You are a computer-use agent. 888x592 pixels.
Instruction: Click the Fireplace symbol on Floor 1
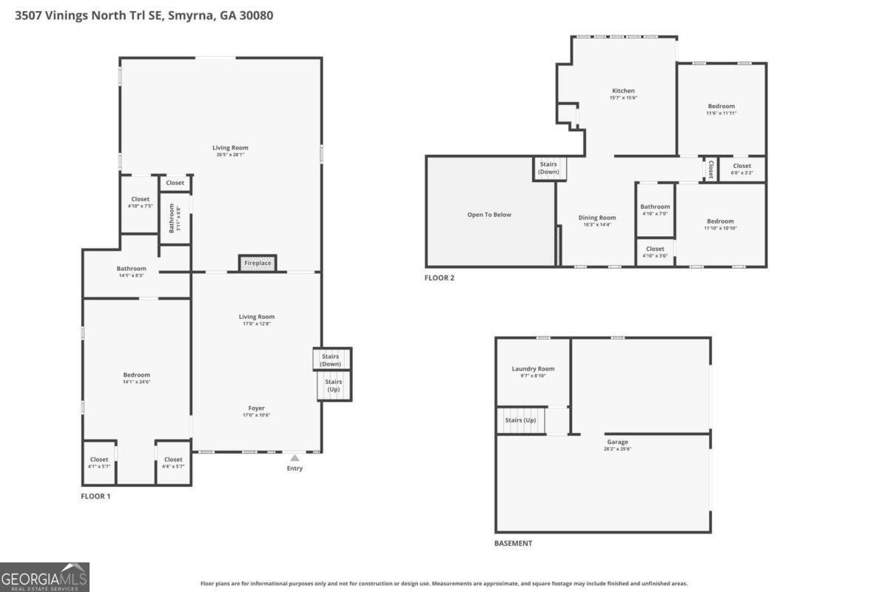pyautogui.click(x=258, y=263)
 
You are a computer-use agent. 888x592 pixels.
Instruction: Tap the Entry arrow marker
pyautogui.click(x=295, y=458)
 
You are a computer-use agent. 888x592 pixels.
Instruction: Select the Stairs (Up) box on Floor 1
pyautogui.click(x=333, y=385)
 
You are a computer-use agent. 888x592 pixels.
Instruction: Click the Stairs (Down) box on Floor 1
pyautogui.click(x=331, y=360)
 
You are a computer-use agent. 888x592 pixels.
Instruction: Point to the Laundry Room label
pyautogui.click(x=533, y=371)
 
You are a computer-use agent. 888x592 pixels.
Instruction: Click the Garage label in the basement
pyautogui.click(x=617, y=445)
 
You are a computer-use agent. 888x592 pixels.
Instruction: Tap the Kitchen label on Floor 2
pyautogui.click(x=623, y=93)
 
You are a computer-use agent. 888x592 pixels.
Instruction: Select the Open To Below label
pyautogui.click(x=489, y=215)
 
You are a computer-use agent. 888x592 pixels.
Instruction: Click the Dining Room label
pyautogui.click(x=596, y=221)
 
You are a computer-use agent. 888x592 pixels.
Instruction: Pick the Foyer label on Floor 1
pyautogui.click(x=256, y=411)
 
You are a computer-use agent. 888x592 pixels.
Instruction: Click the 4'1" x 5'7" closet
pyautogui.click(x=98, y=462)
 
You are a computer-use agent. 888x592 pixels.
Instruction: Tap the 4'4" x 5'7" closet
pyautogui.click(x=173, y=462)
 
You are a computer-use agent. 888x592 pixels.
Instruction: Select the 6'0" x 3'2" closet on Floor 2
pyautogui.click(x=741, y=169)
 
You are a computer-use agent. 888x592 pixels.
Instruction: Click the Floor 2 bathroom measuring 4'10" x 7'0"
pyautogui.click(x=655, y=209)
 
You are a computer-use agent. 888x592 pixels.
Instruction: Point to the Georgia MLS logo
pyautogui.click(x=44, y=576)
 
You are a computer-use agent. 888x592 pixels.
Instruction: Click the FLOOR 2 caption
pyautogui.click(x=439, y=278)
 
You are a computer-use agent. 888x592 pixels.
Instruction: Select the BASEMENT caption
pyautogui.click(x=513, y=543)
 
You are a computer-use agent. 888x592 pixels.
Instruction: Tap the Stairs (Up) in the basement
pyautogui.click(x=520, y=420)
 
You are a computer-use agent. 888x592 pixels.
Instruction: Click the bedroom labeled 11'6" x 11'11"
pyautogui.click(x=721, y=109)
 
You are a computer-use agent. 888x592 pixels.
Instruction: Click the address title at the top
pyautogui.click(x=144, y=15)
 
